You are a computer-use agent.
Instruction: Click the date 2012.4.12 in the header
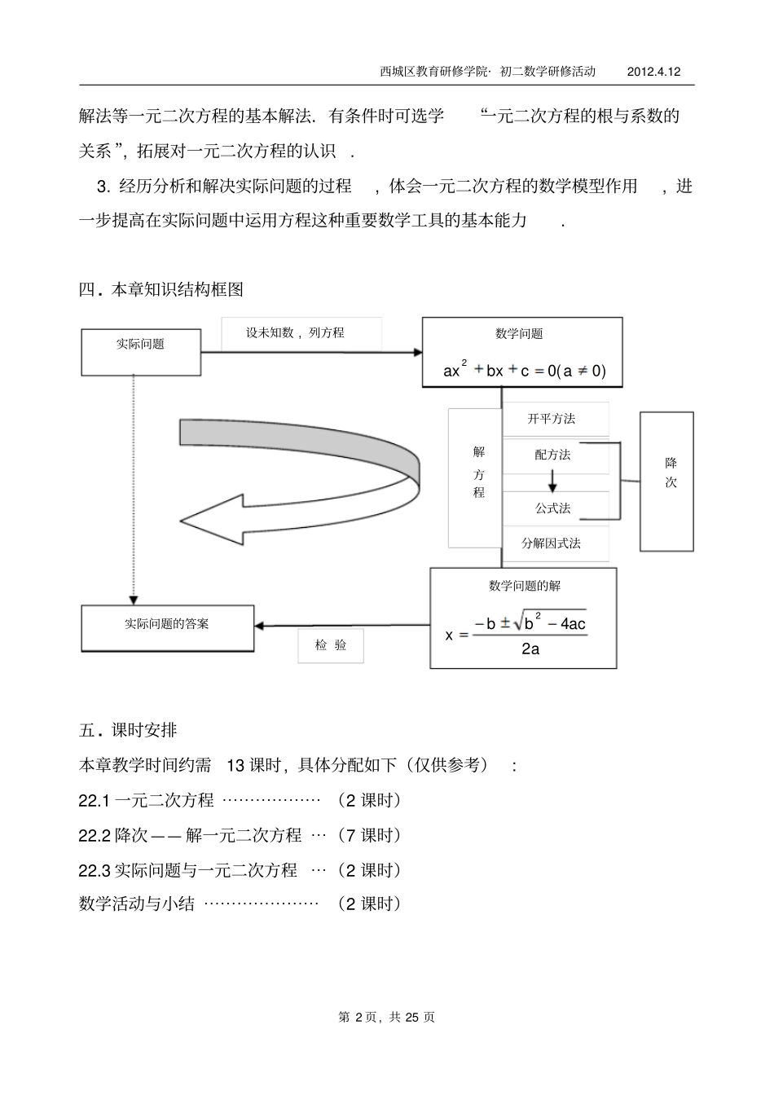coord(653,72)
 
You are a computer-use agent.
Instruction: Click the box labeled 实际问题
coord(141,352)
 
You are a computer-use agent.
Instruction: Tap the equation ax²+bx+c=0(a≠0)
coord(525,371)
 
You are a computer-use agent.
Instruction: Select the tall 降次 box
coord(666,481)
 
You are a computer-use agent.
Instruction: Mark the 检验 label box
coord(331,645)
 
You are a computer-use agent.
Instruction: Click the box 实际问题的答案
coord(168,628)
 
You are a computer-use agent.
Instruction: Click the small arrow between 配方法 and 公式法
coord(552,482)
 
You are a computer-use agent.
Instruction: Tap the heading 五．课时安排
coord(127,730)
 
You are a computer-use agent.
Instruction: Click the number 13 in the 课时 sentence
coord(235,765)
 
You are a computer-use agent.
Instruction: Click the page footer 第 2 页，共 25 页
coord(386,1017)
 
